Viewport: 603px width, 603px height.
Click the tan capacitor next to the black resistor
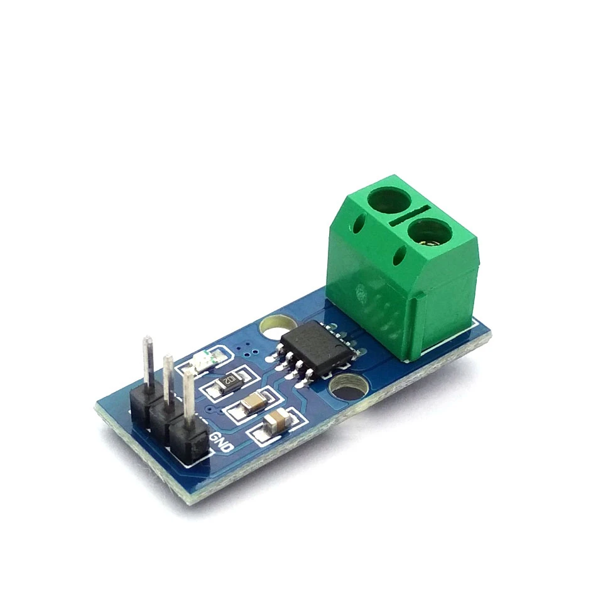253,402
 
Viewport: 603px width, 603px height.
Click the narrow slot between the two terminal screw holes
409,217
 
